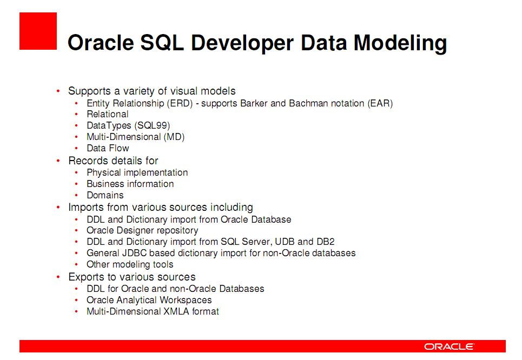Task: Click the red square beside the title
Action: [x=38, y=31]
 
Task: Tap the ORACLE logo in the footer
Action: [x=449, y=346]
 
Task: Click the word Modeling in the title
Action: [x=400, y=43]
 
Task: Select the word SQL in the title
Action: [x=162, y=43]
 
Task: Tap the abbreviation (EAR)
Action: [x=380, y=103]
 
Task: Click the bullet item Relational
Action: [x=108, y=114]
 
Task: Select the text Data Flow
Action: [x=108, y=148]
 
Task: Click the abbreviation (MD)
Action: [x=174, y=137]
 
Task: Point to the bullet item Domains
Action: [x=105, y=195]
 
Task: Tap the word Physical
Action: [x=103, y=172]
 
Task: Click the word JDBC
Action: [x=134, y=253]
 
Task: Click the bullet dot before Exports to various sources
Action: [x=58, y=277]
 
